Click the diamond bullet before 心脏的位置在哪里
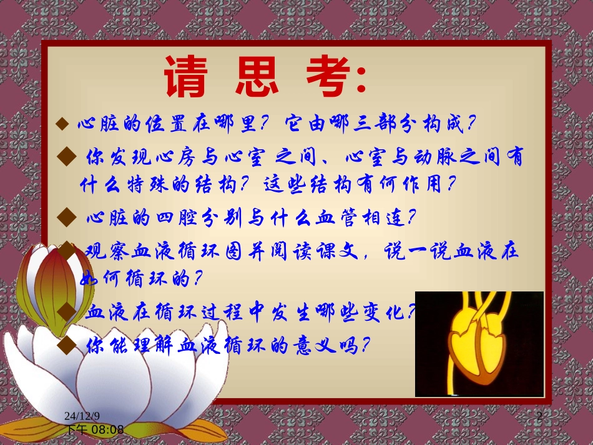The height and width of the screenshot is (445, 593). (62, 124)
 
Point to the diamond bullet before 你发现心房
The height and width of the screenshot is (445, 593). (66, 155)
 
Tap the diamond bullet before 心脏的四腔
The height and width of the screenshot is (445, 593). (66, 218)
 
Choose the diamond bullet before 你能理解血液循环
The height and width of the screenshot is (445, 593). (66, 343)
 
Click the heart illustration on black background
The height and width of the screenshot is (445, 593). (479, 344)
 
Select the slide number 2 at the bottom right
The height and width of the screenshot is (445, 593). (540, 416)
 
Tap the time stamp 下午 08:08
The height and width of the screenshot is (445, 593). (95, 429)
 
